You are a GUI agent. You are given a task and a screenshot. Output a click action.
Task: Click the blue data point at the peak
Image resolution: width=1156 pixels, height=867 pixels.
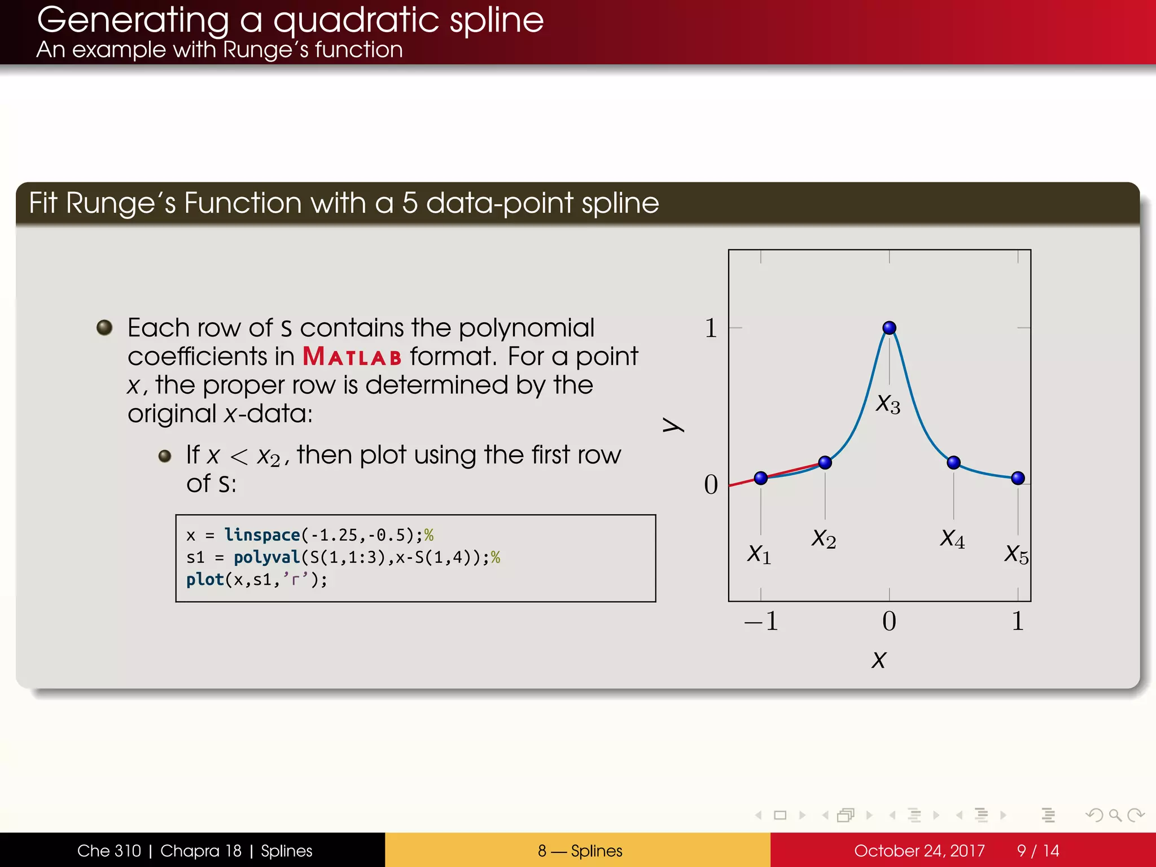(889, 327)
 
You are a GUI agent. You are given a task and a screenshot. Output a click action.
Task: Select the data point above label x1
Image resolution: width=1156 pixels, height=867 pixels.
(760, 478)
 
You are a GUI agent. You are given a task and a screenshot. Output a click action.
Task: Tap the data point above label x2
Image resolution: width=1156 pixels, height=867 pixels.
(825, 462)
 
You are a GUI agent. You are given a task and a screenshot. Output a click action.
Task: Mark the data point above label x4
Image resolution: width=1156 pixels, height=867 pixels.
(953, 462)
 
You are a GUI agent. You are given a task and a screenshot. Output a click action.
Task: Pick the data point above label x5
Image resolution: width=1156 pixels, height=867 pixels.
(1018, 478)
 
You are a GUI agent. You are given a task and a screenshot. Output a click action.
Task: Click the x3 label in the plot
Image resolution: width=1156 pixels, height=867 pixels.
(888, 404)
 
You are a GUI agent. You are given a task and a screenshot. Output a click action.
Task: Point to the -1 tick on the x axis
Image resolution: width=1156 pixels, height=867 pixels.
(761, 621)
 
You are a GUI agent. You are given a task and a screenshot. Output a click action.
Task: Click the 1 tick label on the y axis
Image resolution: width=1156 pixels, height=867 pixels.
(711, 328)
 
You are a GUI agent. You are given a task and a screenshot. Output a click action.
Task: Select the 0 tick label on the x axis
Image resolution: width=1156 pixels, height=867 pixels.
(889, 621)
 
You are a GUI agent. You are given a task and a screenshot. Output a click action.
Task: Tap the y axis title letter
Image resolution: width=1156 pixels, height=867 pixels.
(673, 424)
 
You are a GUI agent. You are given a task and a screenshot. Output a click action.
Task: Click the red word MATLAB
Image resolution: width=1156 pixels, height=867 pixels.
(352, 357)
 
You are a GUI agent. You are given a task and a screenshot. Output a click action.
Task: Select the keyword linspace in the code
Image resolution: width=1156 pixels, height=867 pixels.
(262, 535)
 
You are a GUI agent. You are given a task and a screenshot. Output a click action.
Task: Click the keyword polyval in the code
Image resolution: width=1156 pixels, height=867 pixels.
(266, 557)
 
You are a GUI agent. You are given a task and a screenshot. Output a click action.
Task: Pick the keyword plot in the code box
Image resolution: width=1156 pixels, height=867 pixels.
(205, 580)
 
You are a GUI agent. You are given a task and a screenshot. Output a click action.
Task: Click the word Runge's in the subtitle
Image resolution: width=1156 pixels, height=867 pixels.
(265, 50)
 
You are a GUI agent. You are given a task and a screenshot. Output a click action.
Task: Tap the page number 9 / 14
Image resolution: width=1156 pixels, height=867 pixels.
(1037, 851)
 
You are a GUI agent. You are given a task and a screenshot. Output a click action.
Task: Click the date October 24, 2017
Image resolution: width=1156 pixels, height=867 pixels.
(919, 851)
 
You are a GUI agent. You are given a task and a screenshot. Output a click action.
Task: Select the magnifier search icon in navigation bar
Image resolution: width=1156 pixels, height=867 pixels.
(1115, 815)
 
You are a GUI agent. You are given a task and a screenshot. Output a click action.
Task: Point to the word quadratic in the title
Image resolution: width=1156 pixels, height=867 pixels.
(356, 20)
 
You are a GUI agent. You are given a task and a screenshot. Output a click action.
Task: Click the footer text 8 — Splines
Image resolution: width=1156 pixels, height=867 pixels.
(580, 851)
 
